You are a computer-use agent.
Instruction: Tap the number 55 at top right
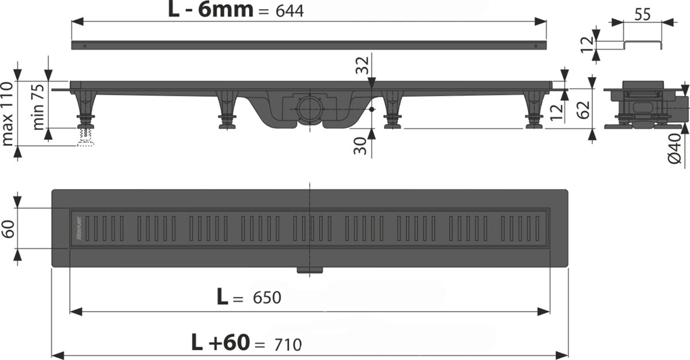(642, 14)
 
